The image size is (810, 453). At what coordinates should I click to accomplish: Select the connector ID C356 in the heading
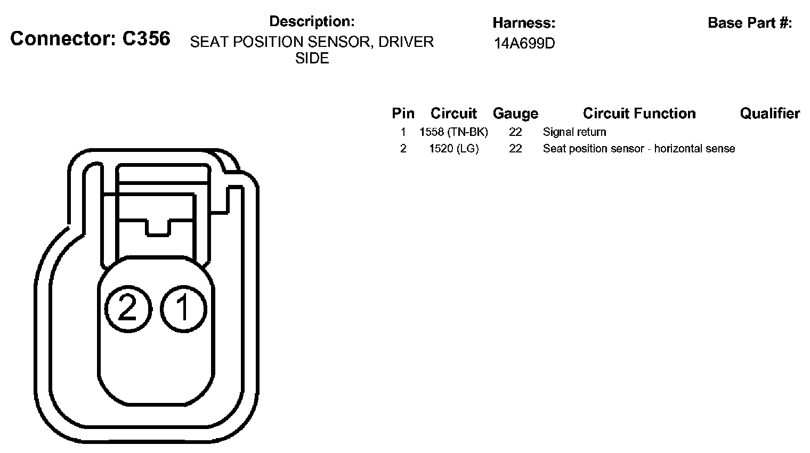click(146, 38)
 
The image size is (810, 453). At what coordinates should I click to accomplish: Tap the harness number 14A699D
click(524, 43)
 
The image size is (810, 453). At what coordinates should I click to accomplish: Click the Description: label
click(312, 21)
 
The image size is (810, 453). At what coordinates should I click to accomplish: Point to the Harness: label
click(524, 23)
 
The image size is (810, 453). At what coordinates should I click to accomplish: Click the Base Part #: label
click(750, 23)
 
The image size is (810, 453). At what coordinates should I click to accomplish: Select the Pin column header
click(403, 113)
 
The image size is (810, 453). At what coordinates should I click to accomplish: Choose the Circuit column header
click(453, 113)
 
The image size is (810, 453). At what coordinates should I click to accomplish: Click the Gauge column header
click(515, 114)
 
